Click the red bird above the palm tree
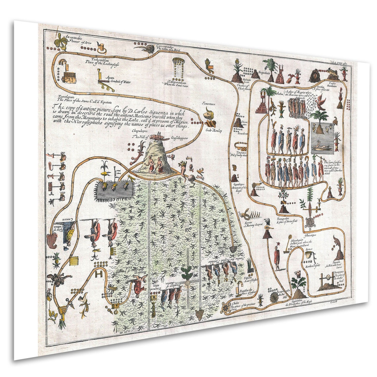click(x=321, y=101)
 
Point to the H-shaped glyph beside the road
click(x=98, y=274)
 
